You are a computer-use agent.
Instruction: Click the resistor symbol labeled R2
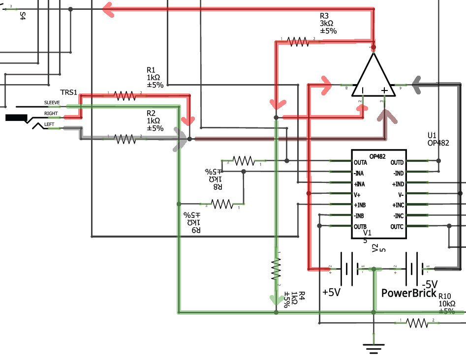(x=124, y=139)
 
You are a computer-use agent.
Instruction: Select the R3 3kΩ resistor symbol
(x=298, y=41)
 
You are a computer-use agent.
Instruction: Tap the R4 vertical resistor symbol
(x=276, y=269)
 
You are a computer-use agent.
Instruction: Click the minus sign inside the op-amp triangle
(x=363, y=90)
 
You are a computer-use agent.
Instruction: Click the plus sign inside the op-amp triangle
(x=385, y=90)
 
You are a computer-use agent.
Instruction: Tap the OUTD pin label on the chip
(x=397, y=162)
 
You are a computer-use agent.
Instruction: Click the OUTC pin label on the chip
(x=397, y=227)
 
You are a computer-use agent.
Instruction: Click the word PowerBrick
(x=409, y=293)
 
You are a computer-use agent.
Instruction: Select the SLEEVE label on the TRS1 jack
(x=52, y=103)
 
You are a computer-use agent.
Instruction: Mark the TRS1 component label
(x=68, y=92)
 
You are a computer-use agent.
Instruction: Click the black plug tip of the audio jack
(x=16, y=118)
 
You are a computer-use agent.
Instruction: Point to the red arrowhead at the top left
(x=108, y=9)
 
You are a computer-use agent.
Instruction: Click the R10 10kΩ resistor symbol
(x=417, y=323)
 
